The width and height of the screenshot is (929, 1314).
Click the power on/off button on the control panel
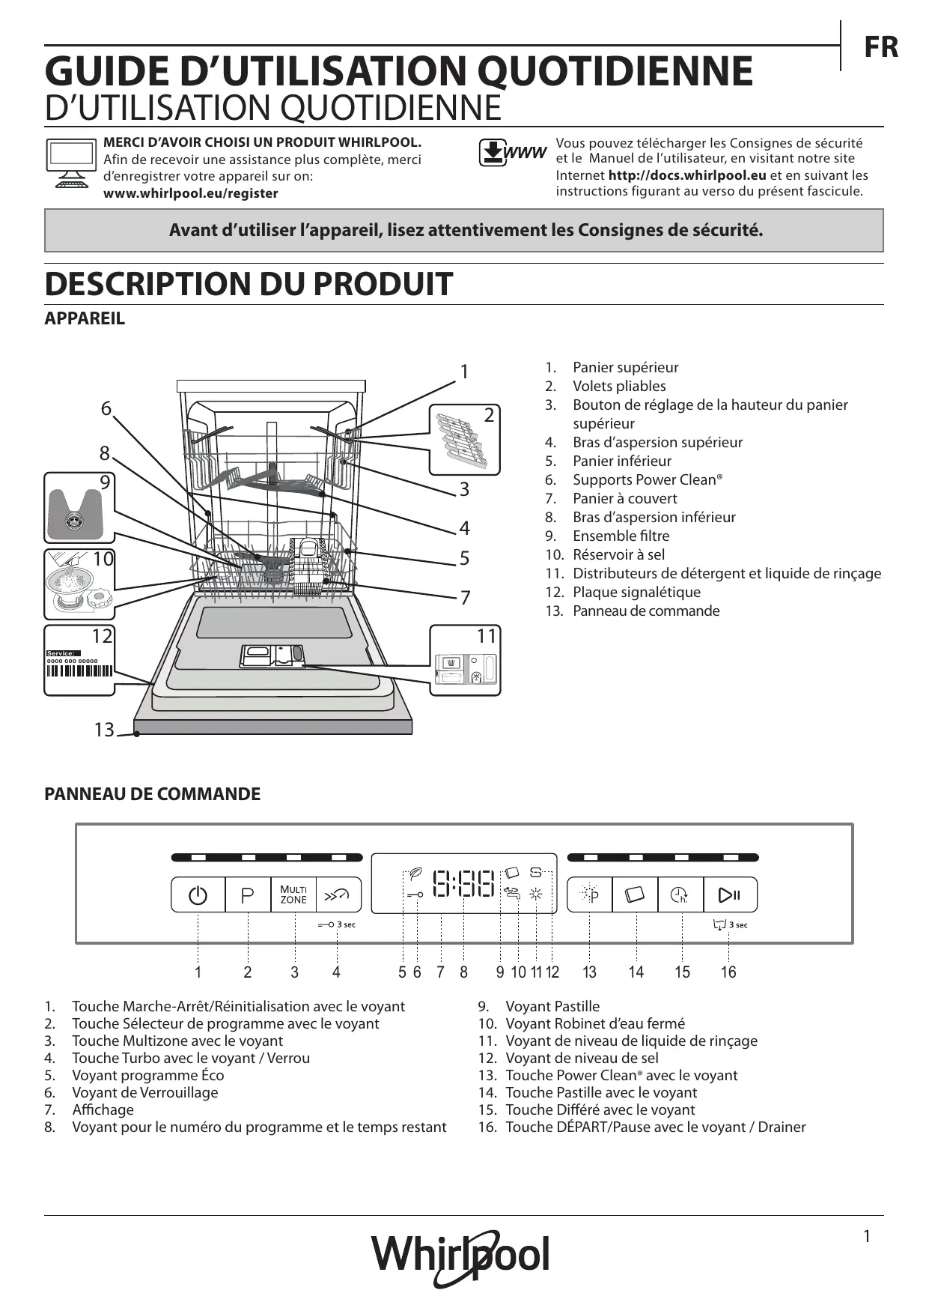198,894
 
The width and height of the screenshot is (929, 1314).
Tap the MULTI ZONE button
293,894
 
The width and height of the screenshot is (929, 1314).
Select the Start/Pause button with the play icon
729,894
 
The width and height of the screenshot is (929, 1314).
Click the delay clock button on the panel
680,894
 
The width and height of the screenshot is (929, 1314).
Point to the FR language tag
881,47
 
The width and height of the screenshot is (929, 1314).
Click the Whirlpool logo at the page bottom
461,1255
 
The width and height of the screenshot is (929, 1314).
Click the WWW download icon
512,154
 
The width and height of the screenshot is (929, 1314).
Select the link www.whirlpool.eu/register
190,193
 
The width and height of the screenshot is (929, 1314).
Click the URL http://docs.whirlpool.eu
686,175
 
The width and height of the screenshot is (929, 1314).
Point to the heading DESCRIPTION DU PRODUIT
249,284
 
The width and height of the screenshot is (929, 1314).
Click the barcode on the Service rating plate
79,670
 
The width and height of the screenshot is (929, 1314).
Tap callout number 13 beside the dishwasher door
104,729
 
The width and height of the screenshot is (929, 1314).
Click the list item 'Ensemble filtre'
621,536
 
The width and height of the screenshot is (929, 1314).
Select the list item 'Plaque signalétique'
636,592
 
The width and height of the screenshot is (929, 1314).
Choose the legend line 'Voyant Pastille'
552,1006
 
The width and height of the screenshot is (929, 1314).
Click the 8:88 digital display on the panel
464,884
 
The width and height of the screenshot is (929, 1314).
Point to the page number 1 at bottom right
867,1236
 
